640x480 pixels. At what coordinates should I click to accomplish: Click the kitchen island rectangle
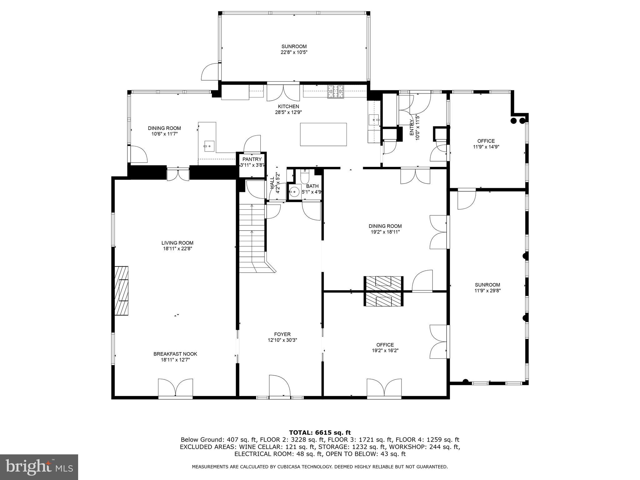(323, 134)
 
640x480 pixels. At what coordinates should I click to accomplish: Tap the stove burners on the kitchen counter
(336, 91)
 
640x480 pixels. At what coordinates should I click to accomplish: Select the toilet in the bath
(305, 177)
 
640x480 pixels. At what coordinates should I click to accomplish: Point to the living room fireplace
(121, 291)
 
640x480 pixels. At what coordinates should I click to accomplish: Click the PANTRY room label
(252, 159)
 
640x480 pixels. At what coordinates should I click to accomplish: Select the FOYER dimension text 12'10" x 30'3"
(282, 340)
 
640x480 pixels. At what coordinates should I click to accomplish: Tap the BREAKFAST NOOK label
(175, 354)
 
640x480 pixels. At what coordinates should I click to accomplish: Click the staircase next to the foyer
(252, 237)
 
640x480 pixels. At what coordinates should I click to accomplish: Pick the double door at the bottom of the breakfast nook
(175, 388)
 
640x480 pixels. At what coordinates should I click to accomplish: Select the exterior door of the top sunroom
(211, 72)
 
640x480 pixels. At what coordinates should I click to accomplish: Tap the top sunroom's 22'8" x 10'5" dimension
(294, 52)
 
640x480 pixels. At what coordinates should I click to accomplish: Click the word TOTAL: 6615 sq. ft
(320, 433)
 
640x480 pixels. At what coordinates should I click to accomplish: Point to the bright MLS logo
(39, 467)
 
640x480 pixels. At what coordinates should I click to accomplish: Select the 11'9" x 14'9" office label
(486, 147)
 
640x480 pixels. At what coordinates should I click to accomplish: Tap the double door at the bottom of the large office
(384, 388)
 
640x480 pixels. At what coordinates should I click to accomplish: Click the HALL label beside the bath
(272, 183)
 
